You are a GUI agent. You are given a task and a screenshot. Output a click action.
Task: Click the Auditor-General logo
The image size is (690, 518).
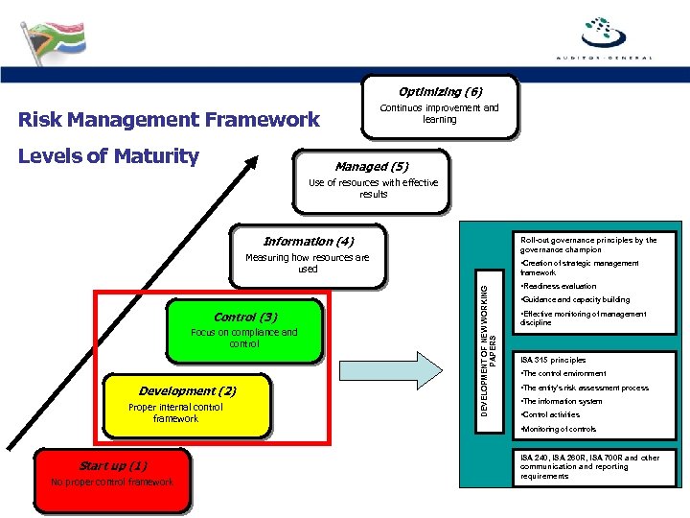click(x=604, y=37)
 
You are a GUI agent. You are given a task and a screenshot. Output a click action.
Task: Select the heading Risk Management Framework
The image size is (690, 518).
click(x=170, y=120)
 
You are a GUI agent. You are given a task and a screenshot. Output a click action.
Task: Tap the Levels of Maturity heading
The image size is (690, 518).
click(x=109, y=156)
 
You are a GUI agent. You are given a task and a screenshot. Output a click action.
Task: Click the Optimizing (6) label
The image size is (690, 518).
click(x=440, y=92)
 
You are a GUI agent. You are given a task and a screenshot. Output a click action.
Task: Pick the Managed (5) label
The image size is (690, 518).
click(x=372, y=166)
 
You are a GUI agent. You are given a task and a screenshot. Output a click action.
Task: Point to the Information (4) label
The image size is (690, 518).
click(x=308, y=242)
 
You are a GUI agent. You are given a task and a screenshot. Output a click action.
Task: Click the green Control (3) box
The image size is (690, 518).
click(x=244, y=332)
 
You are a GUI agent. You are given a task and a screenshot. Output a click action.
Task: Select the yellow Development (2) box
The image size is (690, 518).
click(x=188, y=404)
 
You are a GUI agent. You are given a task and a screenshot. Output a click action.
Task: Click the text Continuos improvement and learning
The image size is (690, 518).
click(x=440, y=113)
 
